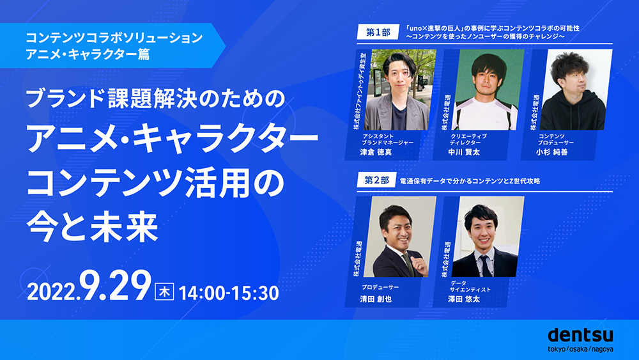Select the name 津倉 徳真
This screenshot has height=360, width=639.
coord(380,154)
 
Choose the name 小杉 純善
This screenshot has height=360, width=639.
coord(558,154)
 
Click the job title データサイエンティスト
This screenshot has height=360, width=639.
coord(470,286)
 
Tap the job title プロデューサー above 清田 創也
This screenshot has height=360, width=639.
coord(380,288)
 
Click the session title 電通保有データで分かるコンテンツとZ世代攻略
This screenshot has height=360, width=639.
coord(470,182)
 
